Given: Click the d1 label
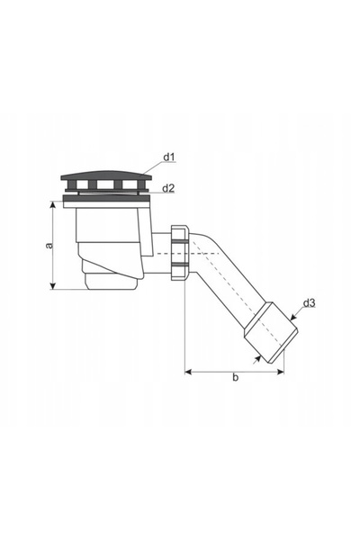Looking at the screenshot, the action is pos(169,157).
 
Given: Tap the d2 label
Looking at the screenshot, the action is pos(168,188).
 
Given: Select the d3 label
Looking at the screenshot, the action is pos(309,303).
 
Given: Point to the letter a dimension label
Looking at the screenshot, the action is pos(50,245).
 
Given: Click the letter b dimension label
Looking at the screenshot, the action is pos(235,377).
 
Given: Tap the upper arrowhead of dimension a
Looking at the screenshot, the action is pos(53,205).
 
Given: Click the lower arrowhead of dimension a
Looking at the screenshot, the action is pos(53,286).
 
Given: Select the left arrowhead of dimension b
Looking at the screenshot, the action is pos(188,372).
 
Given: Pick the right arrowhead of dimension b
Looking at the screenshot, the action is pos(281,372).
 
